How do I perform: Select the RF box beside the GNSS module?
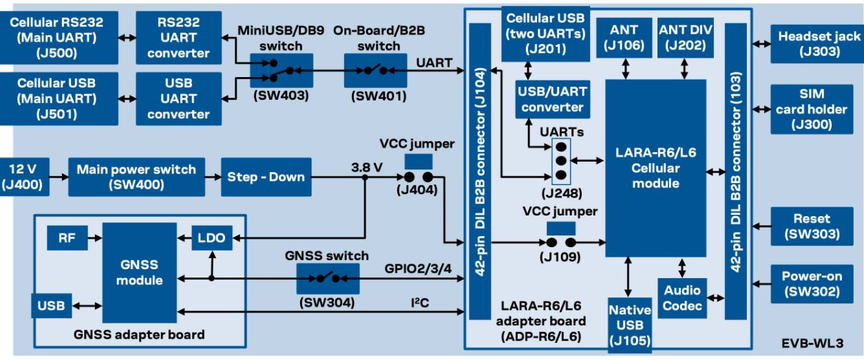[x=66, y=238]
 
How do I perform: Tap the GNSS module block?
[x=139, y=273]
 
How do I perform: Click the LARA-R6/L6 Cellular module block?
[x=655, y=167]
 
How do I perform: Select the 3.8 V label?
[x=366, y=167]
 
